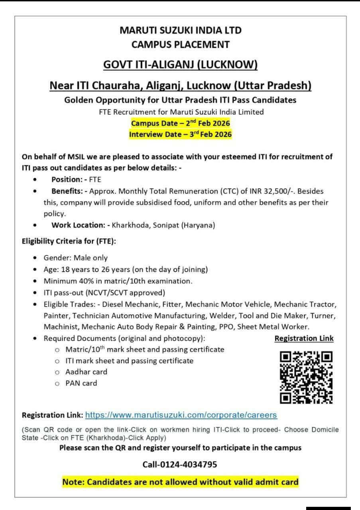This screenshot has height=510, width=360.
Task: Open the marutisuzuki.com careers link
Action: pos(181,415)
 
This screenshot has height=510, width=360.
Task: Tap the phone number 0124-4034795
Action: pos(180,464)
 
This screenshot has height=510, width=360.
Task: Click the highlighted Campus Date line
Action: pos(180,123)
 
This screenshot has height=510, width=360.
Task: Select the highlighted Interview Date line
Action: pos(180,134)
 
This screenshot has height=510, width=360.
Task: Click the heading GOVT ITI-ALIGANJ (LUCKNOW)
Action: pos(180,65)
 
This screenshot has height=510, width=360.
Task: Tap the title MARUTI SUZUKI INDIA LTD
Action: pos(180,30)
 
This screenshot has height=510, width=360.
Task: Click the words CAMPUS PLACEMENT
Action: pos(180,44)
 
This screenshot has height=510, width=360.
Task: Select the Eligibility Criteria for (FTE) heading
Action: pos(69,241)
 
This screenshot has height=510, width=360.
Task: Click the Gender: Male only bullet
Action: pos(75,258)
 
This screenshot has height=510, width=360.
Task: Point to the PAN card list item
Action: pos(81,383)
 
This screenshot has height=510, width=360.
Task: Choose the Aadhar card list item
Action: pos(86,372)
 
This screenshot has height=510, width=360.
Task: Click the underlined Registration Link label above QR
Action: pos(304,338)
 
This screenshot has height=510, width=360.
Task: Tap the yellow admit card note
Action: pos(180,482)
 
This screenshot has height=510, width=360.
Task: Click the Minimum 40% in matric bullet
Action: pos(118,281)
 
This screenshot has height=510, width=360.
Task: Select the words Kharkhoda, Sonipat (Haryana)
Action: pos(163,225)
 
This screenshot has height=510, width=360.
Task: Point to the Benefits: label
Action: pos(69,191)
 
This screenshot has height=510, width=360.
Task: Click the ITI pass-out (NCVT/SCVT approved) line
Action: pos(104,292)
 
